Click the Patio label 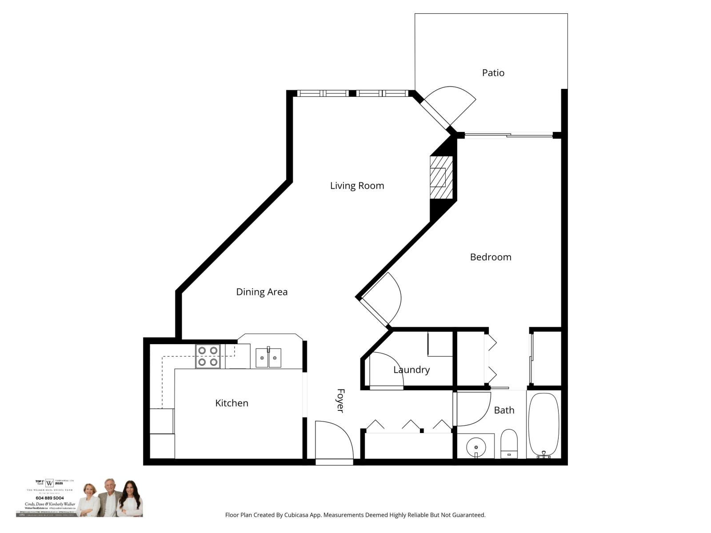tap(493, 73)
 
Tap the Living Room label tap(357, 186)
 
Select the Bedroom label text tap(490, 257)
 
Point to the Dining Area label tap(261, 292)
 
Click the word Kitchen tap(232, 403)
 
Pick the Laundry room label tap(411, 370)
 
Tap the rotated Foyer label tap(340, 401)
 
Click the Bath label tap(504, 410)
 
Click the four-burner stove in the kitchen tap(208, 356)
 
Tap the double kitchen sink tap(268, 358)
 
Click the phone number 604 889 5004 tap(50, 498)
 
